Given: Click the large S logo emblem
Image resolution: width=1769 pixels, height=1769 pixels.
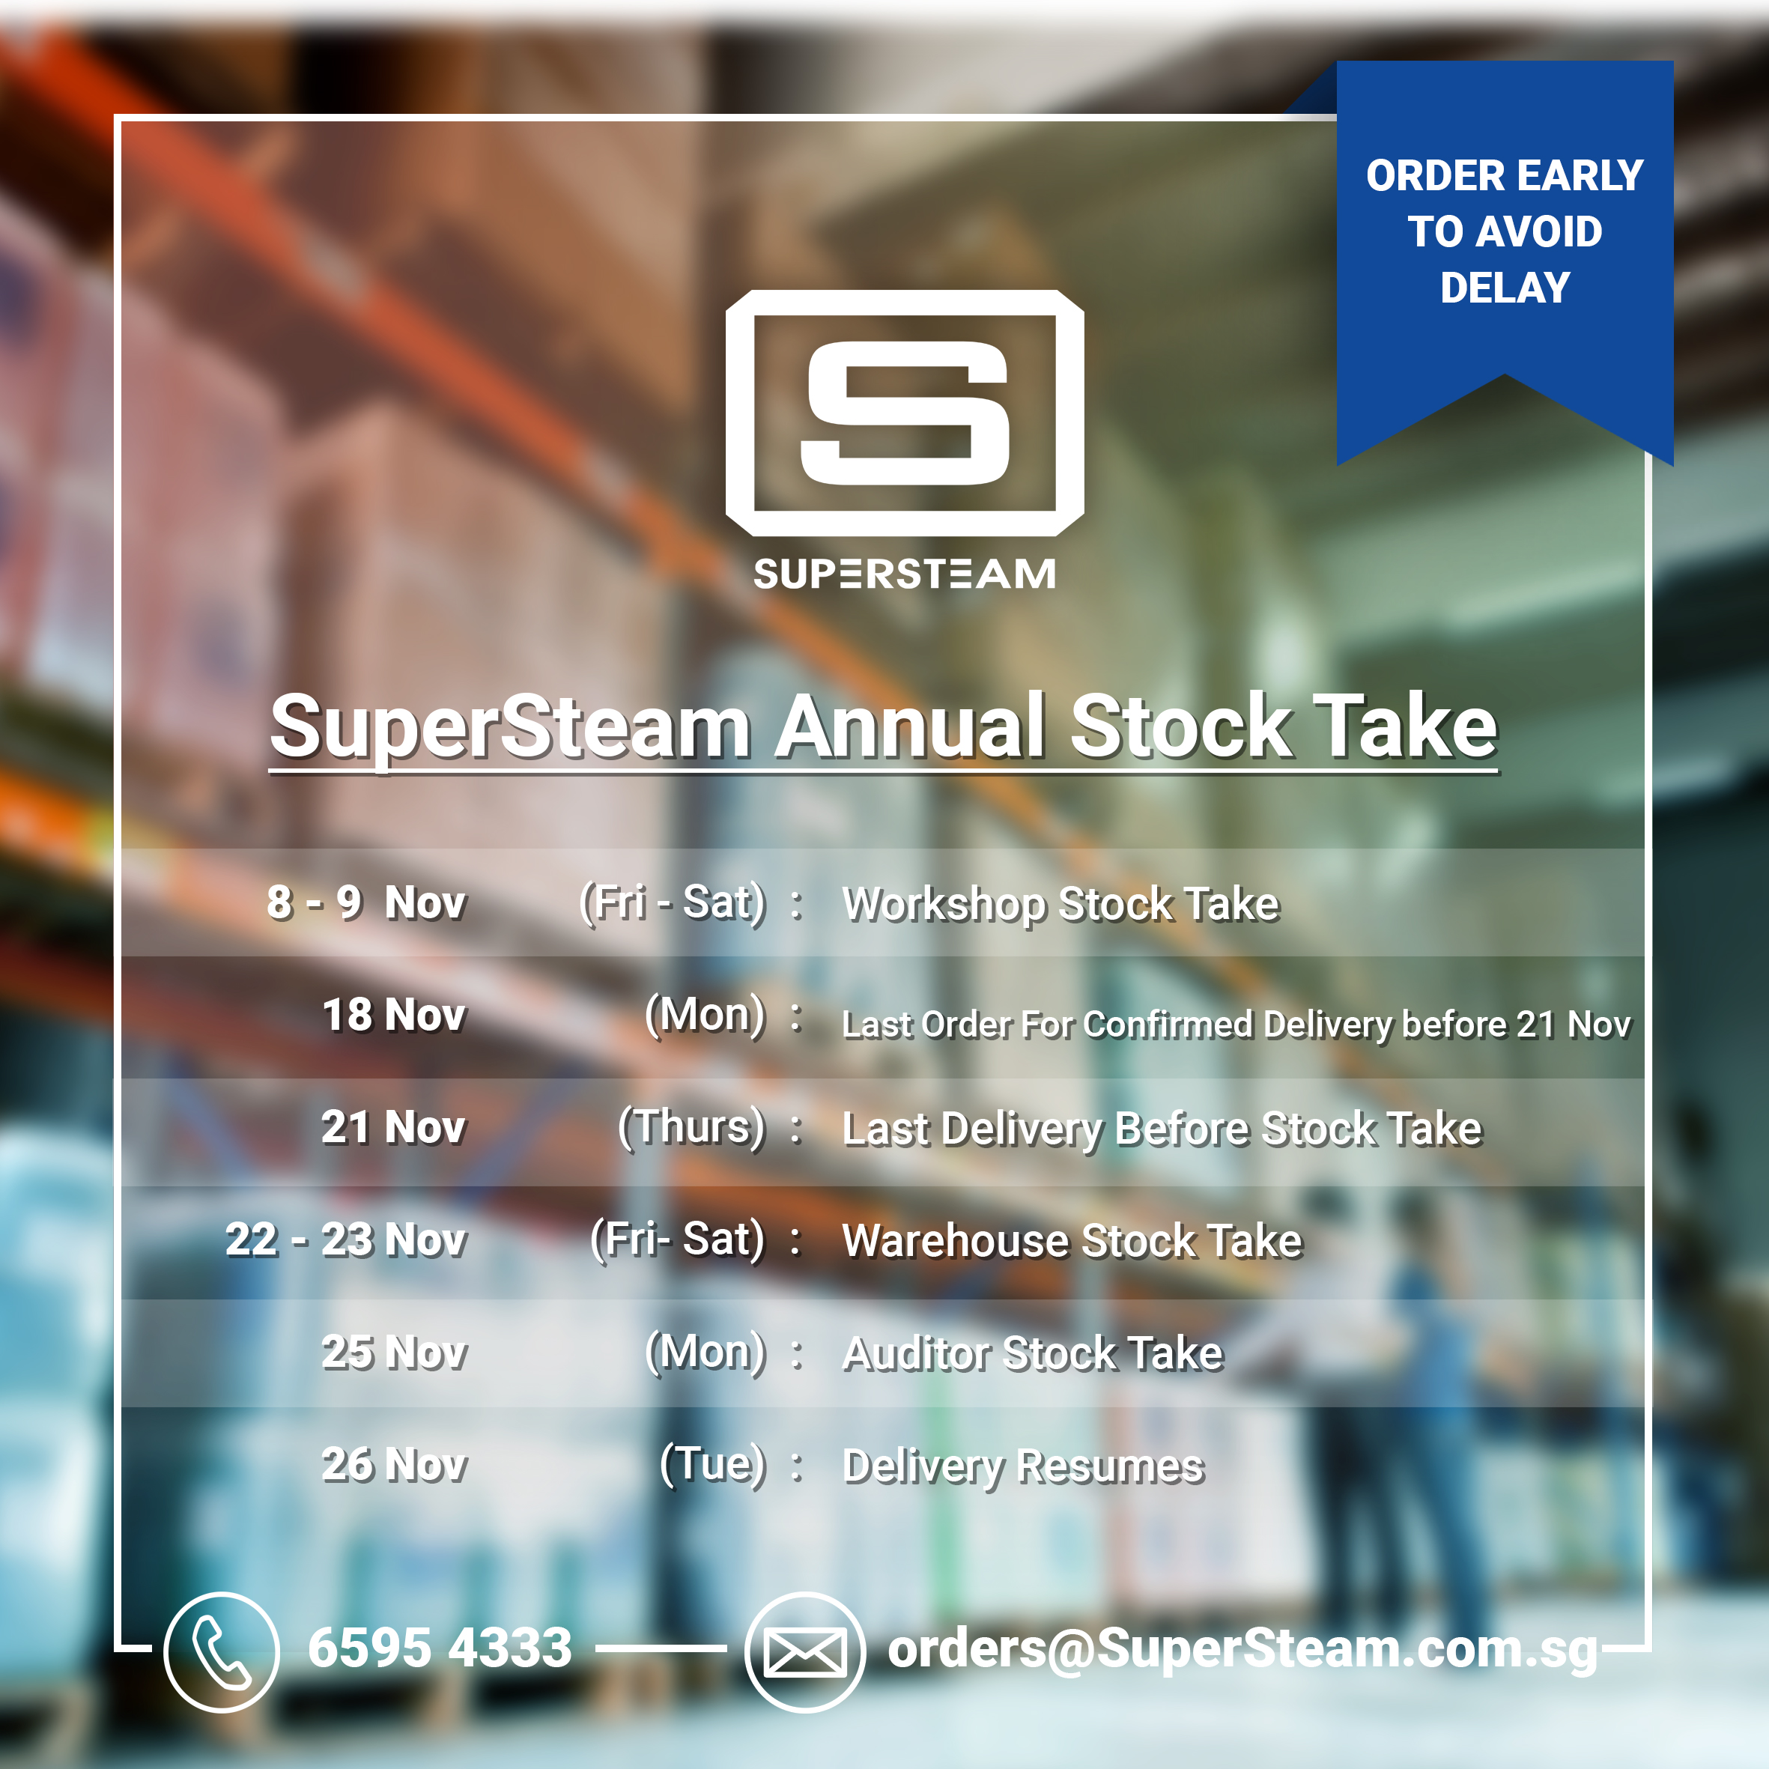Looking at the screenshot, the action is coord(905,413).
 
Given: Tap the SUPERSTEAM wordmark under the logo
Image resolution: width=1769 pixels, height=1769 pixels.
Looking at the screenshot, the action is coord(905,574).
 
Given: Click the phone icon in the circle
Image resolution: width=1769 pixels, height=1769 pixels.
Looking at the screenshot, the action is coord(222,1652).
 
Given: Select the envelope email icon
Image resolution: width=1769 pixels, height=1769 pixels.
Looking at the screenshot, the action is coord(805,1653).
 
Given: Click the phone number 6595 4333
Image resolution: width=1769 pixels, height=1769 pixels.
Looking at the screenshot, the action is coord(440,1648).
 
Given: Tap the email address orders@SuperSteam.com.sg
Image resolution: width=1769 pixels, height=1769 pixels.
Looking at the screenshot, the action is coord(1242,1650).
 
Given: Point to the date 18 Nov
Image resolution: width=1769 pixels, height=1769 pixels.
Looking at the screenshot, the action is coord(395,1015).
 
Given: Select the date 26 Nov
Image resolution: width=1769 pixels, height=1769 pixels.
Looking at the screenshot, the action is coord(395,1464).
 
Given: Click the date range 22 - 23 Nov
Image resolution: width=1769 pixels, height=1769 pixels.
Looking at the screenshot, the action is coord(346,1239).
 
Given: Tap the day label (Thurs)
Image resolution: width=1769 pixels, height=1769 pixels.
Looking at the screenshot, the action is coord(691,1127).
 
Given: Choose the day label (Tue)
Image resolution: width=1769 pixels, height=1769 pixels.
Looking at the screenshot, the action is coord(712,1464).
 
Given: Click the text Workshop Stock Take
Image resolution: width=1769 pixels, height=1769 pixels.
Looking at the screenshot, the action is coord(1061,904).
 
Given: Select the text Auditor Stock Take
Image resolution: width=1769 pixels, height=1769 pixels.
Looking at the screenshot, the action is coord(1033,1353).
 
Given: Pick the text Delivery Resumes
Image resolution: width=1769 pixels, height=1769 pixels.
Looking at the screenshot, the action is coord(1023,1466).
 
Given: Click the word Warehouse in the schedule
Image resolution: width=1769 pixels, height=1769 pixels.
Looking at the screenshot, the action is coord(955,1241).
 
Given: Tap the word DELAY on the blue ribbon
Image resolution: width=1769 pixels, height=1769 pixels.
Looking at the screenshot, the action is coord(1505,288).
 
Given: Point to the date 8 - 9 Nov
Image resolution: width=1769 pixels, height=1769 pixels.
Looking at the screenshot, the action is coord(366,902).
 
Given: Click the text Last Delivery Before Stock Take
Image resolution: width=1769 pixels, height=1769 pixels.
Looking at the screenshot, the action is coord(1162,1129).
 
